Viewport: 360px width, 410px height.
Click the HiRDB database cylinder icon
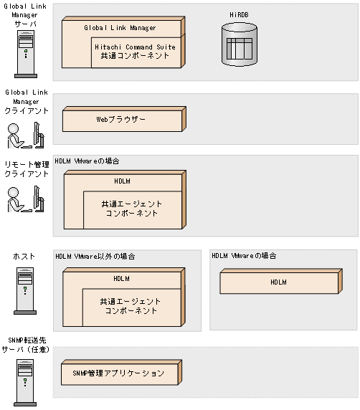click(x=239, y=44)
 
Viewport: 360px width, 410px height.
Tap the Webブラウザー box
click(x=124, y=119)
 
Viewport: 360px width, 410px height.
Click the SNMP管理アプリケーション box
click(x=121, y=372)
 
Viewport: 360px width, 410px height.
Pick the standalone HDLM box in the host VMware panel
click(x=281, y=282)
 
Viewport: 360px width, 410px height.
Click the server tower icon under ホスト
click(x=25, y=290)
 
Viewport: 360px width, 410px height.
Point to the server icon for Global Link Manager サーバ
click(x=26, y=54)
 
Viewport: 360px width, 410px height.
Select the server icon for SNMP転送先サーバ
click(x=25, y=383)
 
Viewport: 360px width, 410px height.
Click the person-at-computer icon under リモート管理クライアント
click(x=26, y=199)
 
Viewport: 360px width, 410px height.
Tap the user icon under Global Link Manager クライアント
click(x=26, y=135)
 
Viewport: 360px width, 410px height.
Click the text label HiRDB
click(x=239, y=15)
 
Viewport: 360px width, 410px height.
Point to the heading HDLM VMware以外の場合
click(x=95, y=257)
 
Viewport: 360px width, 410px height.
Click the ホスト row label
click(x=24, y=257)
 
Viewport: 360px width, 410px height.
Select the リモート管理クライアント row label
click(x=27, y=169)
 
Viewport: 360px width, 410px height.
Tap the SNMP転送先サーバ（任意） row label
click(x=26, y=345)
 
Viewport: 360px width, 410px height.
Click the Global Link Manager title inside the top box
click(x=120, y=28)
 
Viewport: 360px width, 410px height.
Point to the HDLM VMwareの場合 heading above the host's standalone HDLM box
click(x=244, y=255)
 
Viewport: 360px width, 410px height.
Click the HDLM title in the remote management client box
click(x=122, y=181)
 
